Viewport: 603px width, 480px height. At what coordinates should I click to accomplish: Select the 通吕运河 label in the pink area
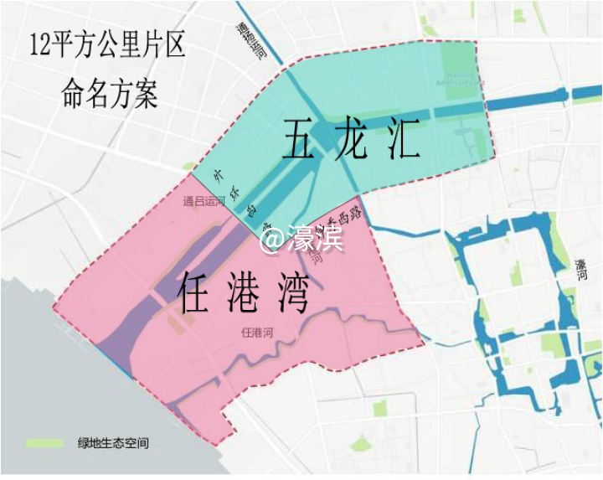[x=205, y=201]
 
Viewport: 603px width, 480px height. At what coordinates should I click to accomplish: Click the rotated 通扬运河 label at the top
[x=250, y=42]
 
